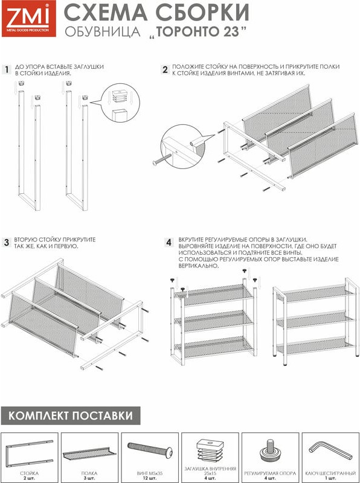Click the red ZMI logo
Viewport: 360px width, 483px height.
(29, 18)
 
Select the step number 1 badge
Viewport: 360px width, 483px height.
(7, 69)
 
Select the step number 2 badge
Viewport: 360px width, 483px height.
(166, 69)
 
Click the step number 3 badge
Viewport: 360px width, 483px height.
(7, 243)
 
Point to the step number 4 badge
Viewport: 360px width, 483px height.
(169, 243)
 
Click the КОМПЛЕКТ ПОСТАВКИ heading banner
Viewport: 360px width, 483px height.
(71, 415)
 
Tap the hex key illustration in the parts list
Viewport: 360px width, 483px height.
(330, 450)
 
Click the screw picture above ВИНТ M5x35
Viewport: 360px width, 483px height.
(150, 450)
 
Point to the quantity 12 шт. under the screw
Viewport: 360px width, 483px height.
(150, 478)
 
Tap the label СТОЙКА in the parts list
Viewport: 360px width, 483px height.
(29, 473)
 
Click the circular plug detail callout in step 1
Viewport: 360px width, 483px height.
(120, 103)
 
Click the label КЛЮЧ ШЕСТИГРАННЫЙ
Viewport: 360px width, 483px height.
(330, 473)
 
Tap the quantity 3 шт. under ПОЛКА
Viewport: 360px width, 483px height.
(89, 478)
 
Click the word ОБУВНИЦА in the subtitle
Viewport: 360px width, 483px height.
(103, 32)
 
